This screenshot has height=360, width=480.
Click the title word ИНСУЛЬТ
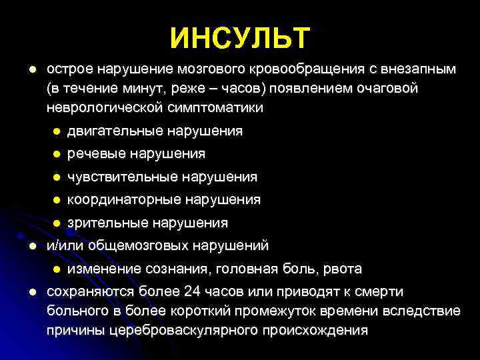240,38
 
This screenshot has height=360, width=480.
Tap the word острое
69,69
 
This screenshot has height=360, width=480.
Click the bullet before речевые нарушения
57,155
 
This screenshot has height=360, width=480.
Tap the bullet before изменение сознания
57,269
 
